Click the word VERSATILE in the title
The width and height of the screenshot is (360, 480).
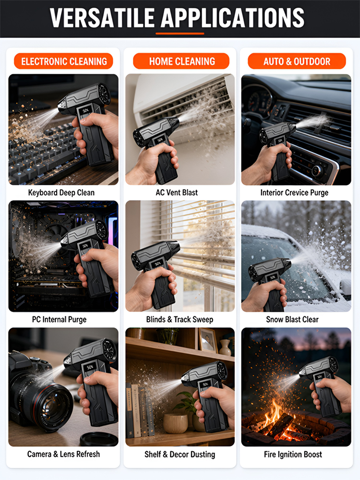pyautogui.click(x=102, y=18)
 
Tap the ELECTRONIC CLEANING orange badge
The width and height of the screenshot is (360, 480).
pyautogui.click(x=64, y=61)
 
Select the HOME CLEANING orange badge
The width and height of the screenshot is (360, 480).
pyautogui.click(x=181, y=61)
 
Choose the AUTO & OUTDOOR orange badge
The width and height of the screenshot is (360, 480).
pyautogui.click(x=297, y=61)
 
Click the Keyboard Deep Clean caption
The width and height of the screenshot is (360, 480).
pyautogui.click(x=61, y=192)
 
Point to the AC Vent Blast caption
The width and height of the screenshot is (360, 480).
pyautogui.click(x=177, y=192)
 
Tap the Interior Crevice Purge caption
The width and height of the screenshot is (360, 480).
pyautogui.click(x=294, y=192)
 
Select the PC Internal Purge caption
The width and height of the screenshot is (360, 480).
pyautogui.click(x=60, y=320)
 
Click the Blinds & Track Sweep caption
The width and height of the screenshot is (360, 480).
pyautogui.click(x=180, y=320)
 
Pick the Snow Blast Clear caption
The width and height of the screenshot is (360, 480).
pyautogui.click(x=292, y=320)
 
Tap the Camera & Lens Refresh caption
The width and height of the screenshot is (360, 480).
pyautogui.click(x=63, y=454)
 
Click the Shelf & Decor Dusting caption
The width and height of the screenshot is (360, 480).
pyautogui.click(x=180, y=454)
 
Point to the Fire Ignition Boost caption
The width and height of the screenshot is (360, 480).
pyautogui.click(x=293, y=454)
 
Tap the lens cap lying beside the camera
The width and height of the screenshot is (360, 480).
pyautogui.click(x=99, y=439)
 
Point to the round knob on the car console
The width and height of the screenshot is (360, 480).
pyautogui.click(x=317, y=171)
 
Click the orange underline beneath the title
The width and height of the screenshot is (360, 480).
pyautogui.click(x=180, y=34)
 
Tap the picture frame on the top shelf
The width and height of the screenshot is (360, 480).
pyautogui.click(x=208, y=340)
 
